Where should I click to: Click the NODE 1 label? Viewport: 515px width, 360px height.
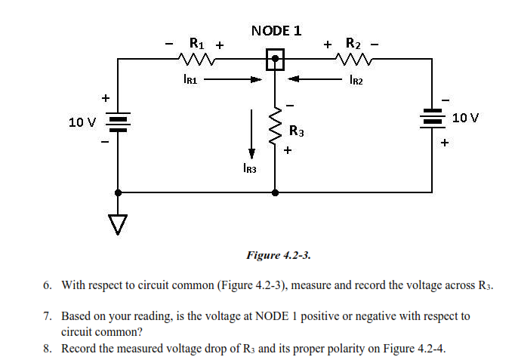276,30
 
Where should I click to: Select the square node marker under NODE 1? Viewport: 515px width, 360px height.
275,59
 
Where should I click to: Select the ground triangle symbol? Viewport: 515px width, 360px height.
117,223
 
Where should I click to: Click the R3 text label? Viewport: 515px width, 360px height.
297,132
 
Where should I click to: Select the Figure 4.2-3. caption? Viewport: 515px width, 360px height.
279,255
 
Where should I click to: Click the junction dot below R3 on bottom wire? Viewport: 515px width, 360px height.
275,192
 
